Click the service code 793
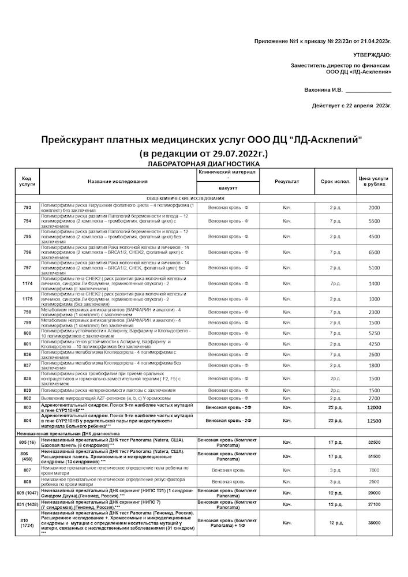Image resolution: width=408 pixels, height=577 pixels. tap(27, 207)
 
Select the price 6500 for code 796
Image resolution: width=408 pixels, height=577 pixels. tap(374, 252)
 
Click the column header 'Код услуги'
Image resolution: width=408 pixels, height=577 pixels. tap(27, 181)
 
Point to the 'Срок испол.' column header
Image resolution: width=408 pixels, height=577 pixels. tap(335, 181)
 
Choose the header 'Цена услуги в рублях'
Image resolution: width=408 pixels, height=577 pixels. tap(374, 181)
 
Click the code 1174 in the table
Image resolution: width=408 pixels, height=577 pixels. tap(27, 283)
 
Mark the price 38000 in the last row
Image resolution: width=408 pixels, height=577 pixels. tap(374, 522)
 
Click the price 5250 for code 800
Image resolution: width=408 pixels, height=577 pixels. tap(374, 333)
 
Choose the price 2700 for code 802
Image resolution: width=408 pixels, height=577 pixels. tap(374, 398)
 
